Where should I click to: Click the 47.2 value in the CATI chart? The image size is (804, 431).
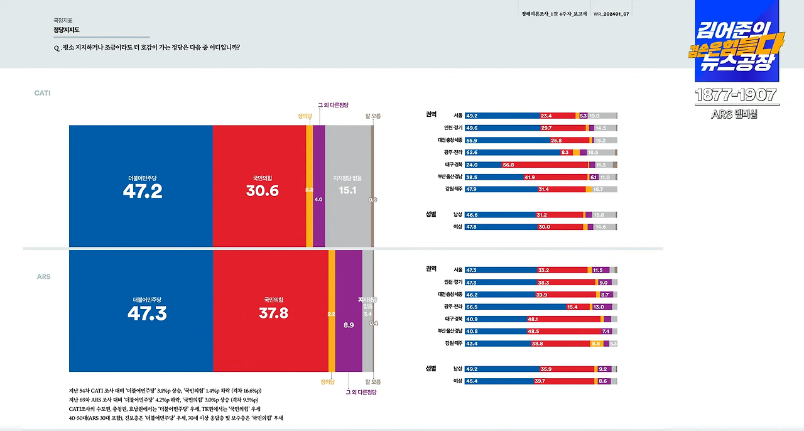(143, 192)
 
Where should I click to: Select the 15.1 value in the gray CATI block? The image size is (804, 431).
(347, 190)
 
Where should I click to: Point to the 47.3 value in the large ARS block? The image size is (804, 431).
(146, 314)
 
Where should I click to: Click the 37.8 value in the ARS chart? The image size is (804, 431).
(273, 313)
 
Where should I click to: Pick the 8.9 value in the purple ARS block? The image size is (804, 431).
(349, 325)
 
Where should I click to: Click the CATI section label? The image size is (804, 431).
(42, 93)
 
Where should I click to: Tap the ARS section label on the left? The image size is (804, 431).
(43, 276)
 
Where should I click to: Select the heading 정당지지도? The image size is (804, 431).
(67, 30)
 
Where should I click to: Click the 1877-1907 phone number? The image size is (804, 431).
(736, 95)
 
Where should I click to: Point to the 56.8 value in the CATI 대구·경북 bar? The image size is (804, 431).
(508, 165)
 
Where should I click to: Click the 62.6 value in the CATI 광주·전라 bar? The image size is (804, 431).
(472, 152)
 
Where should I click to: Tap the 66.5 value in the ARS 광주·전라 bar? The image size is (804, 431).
(472, 307)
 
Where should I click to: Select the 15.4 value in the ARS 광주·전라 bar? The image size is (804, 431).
(572, 307)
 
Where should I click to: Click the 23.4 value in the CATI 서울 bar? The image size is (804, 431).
(546, 116)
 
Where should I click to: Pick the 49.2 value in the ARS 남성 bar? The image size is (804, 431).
(472, 369)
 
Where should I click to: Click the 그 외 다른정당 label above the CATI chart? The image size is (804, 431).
(333, 105)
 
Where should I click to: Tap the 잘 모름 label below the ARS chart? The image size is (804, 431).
(372, 381)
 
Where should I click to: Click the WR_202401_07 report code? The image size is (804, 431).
(611, 13)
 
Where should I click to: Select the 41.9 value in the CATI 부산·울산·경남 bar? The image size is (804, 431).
(529, 177)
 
